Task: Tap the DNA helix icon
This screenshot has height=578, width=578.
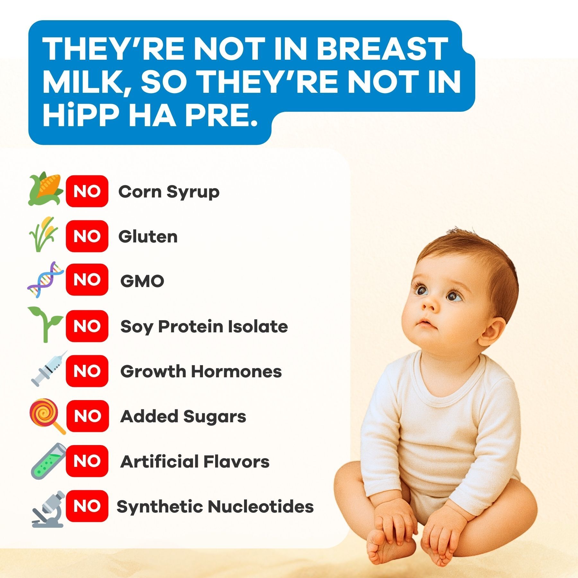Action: pyautogui.click(x=45, y=279)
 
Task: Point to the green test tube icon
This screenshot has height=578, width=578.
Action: pyautogui.click(x=48, y=461)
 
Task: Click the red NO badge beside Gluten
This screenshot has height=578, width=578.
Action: pyautogui.click(x=87, y=236)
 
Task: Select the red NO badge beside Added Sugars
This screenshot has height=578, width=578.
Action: pyautogui.click(x=87, y=416)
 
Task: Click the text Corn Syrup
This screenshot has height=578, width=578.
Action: pyautogui.click(x=169, y=192)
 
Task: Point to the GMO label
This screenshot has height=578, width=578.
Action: pyautogui.click(x=142, y=281)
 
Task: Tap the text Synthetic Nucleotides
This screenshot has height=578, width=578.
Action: pyautogui.click(x=215, y=506)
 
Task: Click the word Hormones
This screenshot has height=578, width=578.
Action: pyautogui.click(x=236, y=371)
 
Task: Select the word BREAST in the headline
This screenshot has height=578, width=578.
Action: pyautogui.click(x=382, y=49)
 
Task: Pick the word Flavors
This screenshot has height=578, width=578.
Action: pyautogui.click(x=236, y=462)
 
